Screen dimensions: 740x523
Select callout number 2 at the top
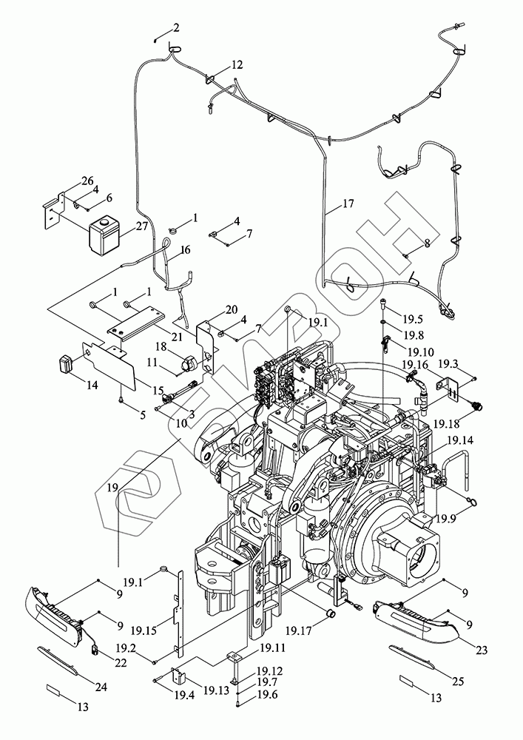pos(176,27)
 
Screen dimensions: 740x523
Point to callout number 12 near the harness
pos(236,65)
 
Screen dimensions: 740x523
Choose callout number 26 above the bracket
pos(87,181)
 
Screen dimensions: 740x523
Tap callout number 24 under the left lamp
pos(101,687)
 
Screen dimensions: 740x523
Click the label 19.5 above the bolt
pos(413,320)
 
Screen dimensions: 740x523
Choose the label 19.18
pos(448,423)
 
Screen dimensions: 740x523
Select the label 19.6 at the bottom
pos(268,695)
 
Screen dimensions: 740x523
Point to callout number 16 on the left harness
pos(185,250)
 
